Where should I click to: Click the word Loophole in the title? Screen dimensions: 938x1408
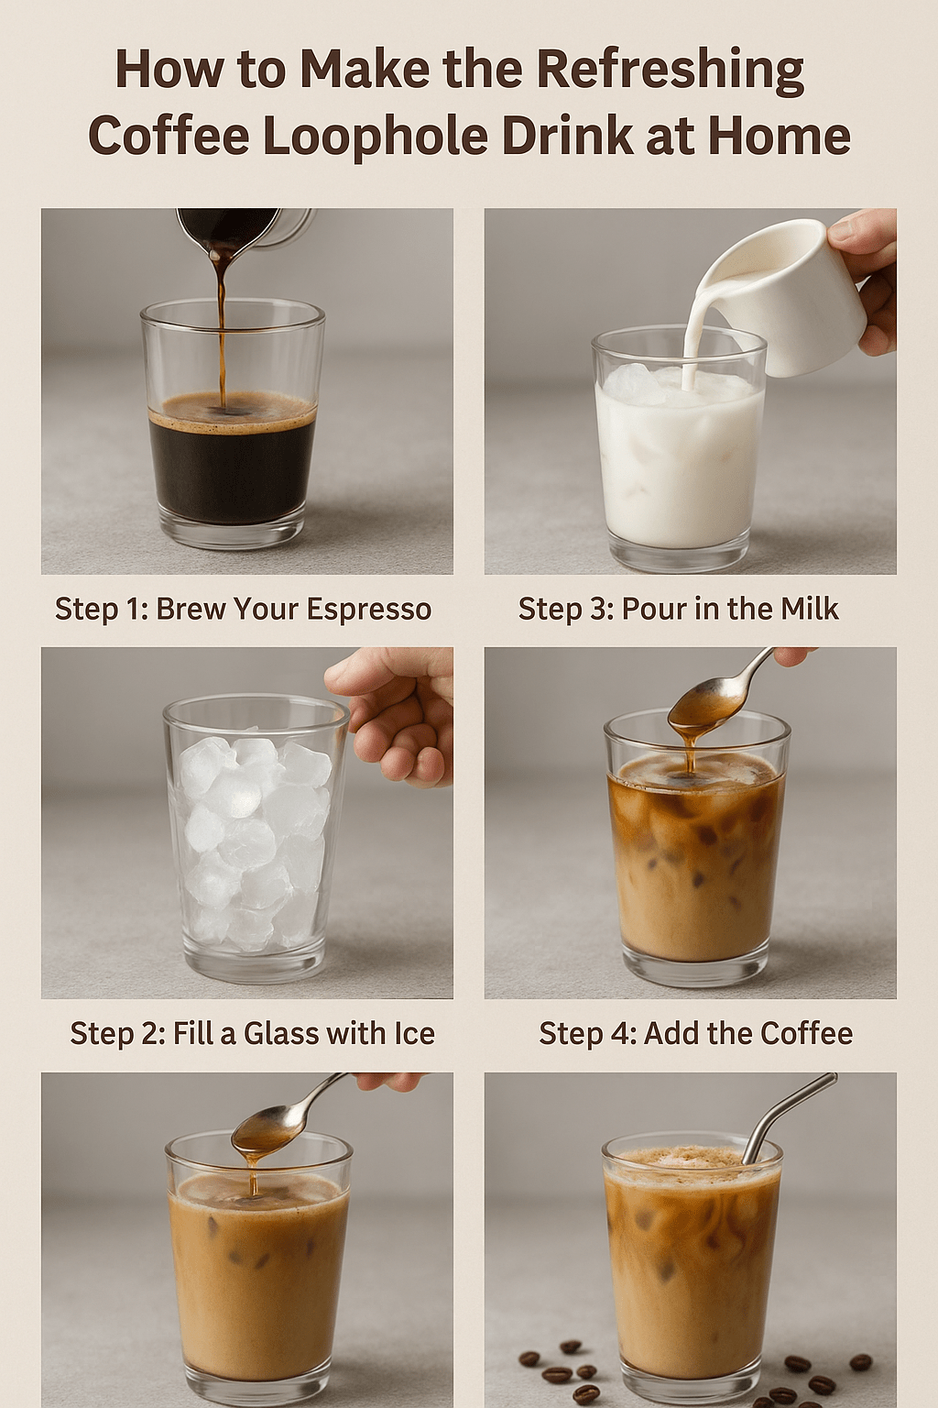[387, 135]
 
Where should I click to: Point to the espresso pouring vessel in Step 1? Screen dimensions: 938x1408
[245, 233]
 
